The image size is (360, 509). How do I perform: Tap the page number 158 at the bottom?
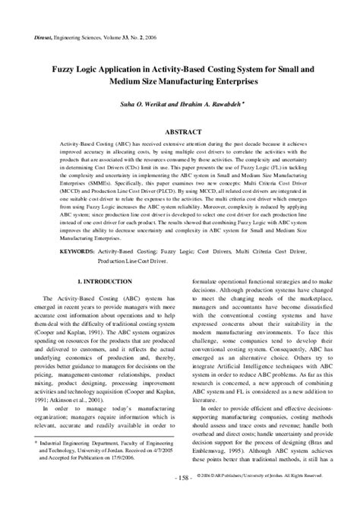(180, 498)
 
